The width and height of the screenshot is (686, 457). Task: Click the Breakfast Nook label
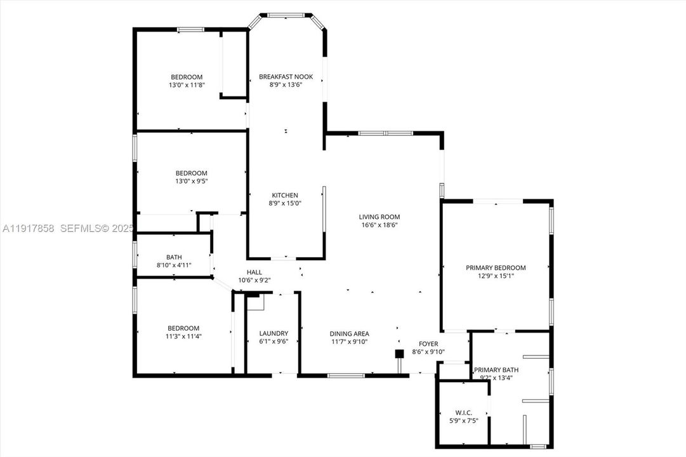click(x=286, y=77)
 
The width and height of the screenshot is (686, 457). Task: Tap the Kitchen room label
click(x=285, y=195)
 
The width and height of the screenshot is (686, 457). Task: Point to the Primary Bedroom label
click(x=496, y=268)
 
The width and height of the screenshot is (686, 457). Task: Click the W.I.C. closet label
click(x=464, y=413)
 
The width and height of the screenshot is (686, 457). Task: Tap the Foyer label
click(x=428, y=343)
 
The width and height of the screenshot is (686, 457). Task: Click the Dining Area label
click(x=349, y=334)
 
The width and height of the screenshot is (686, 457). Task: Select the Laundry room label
click(x=274, y=333)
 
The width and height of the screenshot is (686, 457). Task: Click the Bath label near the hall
click(x=174, y=257)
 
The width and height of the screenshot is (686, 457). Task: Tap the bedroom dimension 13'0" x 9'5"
click(x=191, y=181)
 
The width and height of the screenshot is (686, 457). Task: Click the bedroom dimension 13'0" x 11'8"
click(x=187, y=84)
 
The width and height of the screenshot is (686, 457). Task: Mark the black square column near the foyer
click(x=399, y=354)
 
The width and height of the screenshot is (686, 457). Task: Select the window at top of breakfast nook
click(x=286, y=15)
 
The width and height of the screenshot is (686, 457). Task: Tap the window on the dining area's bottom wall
click(x=346, y=375)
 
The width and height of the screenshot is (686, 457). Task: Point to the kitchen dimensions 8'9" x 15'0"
click(x=285, y=203)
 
